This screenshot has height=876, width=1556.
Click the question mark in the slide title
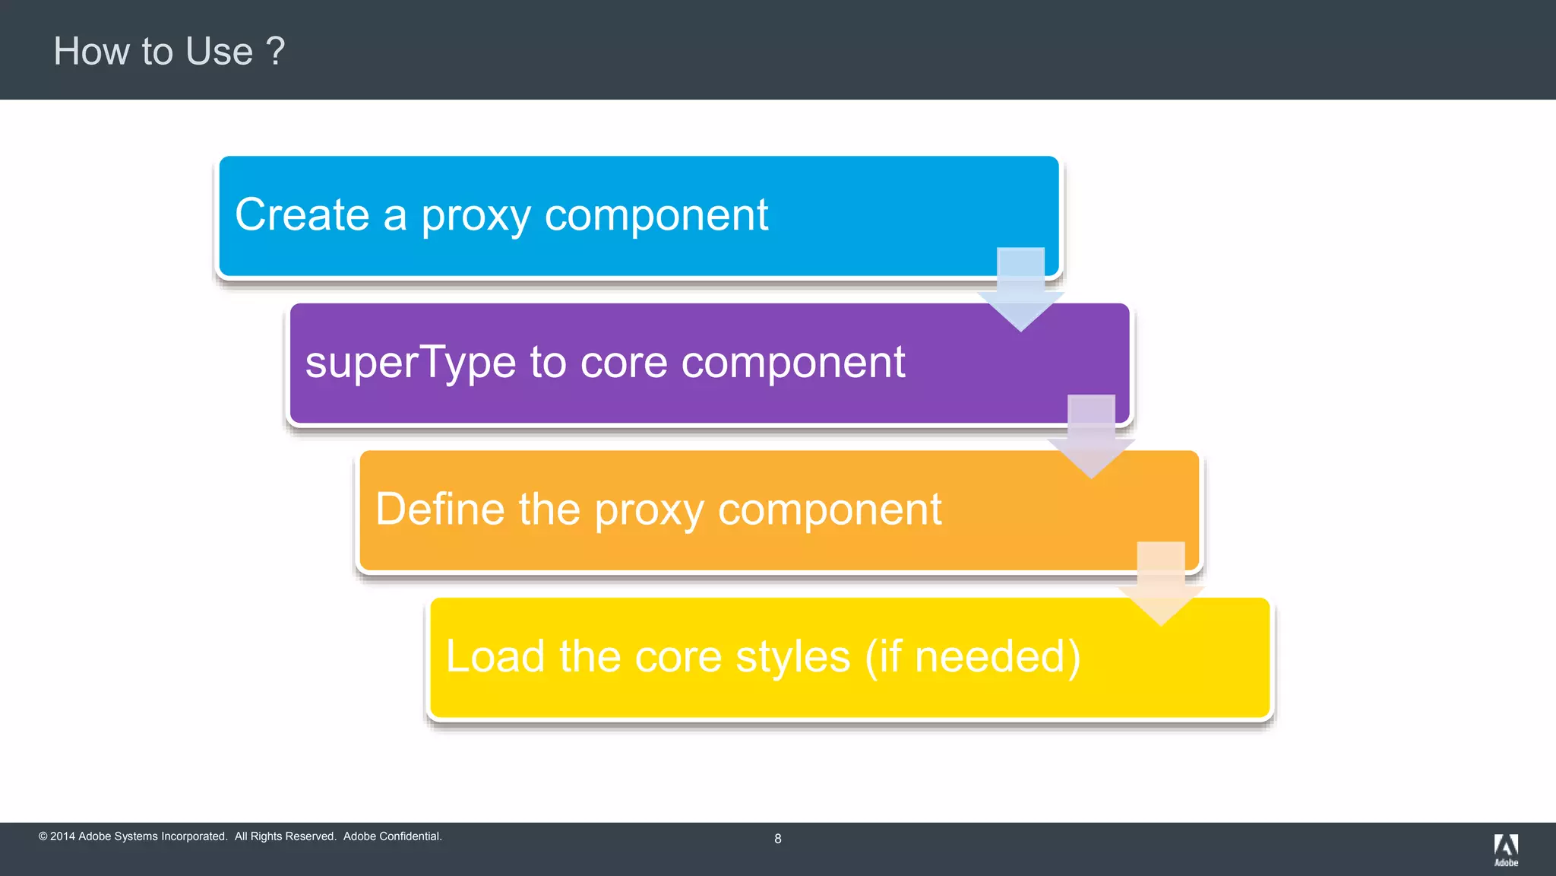(276, 52)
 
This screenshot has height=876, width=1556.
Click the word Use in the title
(219, 52)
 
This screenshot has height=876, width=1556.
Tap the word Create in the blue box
(302, 214)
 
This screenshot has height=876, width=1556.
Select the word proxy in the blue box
(476, 216)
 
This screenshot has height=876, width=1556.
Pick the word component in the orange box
(830, 510)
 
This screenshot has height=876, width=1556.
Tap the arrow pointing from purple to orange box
(1091, 437)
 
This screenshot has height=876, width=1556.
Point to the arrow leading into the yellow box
(1161, 584)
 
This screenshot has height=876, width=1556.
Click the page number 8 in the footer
(777, 839)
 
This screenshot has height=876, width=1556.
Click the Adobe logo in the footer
(1506, 849)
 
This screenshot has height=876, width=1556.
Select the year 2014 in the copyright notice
(62, 836)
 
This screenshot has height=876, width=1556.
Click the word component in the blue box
(656, 216)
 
